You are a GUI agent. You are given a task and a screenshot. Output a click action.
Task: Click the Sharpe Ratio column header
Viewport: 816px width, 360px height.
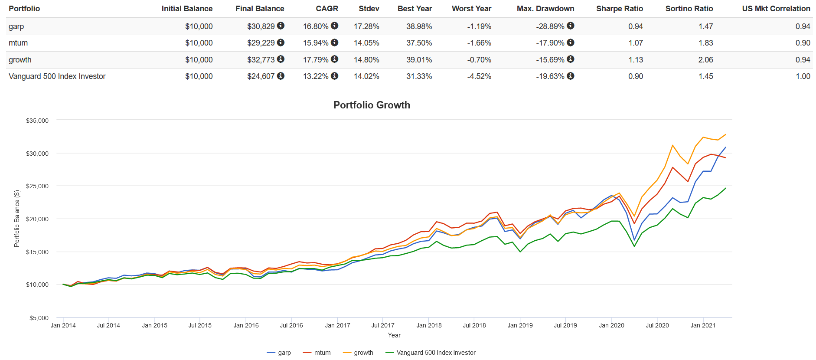click(x=619, y=9)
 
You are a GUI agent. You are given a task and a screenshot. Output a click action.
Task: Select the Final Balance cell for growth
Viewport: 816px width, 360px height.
click(x=261, y=60)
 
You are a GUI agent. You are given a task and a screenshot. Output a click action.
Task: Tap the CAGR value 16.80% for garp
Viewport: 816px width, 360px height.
click(x=316, y=26)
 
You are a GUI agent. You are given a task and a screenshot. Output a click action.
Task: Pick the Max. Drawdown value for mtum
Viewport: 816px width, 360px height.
click(x=550, y=43)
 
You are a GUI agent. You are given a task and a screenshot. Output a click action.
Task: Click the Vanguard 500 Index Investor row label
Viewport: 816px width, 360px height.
click(x=57, y=76)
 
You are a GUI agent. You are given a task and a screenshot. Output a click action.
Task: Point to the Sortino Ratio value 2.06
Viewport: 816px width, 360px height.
click(x=705, y=60)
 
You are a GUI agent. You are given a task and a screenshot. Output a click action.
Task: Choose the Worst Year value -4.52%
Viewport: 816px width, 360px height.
click(x=479, y=76)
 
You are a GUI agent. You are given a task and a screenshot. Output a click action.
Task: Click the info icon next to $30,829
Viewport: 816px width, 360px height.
click(x=281, y=26)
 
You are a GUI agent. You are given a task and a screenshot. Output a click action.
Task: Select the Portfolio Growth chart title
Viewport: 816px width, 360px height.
click(x=372, y=105)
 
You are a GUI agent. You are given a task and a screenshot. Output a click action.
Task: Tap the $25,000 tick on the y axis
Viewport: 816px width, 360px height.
click(x=37, y=186)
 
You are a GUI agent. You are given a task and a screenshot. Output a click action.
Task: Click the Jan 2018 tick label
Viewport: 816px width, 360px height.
click(x=429, y=325)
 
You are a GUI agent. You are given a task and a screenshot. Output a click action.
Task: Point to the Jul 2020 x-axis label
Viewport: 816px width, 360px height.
click(x=657, y=325)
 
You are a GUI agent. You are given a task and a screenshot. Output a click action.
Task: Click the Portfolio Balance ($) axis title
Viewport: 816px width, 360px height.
click(x=17, y=219)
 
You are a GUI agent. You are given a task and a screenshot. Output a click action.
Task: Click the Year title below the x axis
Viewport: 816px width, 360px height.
click(x=394, y=335)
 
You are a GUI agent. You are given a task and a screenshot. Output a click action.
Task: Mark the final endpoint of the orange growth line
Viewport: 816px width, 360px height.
click(x=726, y=134)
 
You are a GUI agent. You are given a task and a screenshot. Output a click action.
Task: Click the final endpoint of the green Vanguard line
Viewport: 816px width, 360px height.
click(x=726, y=188)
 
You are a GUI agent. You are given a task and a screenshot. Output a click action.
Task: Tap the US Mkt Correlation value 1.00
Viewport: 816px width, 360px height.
click(x=803, y=76)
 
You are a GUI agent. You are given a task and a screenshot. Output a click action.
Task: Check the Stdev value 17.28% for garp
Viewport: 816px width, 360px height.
click(x=366, y=26)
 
